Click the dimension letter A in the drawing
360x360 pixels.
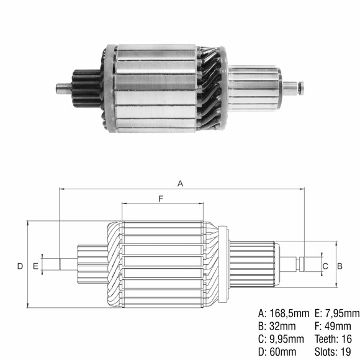181,184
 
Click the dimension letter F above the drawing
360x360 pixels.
161,199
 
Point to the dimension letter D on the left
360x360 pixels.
20,266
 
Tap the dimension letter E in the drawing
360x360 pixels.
35,266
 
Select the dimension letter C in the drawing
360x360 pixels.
325,266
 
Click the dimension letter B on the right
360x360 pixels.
340,266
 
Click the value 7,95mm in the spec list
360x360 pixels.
341,313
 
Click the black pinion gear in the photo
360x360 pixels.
84,88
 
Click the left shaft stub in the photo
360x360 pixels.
62,88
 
